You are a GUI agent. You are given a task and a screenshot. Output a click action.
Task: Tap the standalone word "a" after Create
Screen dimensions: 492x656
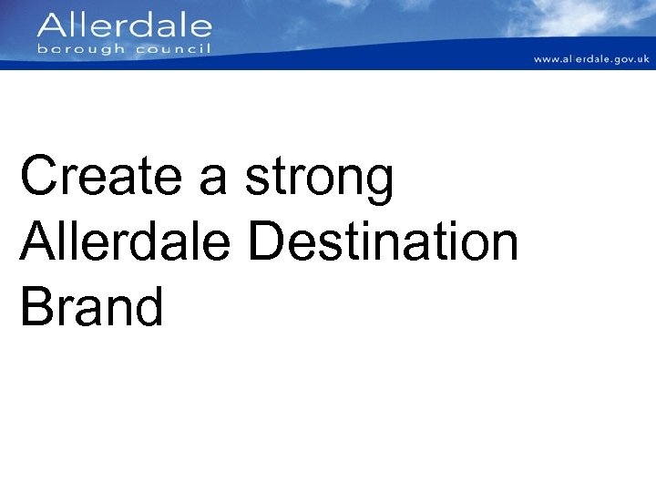tap(212, 178)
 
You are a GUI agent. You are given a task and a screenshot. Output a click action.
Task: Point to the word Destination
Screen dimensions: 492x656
tap(383, 241)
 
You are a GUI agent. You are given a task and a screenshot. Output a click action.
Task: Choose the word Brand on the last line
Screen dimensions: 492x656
tap(91, 306)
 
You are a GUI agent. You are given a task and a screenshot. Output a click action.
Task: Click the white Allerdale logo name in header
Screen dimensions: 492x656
tap(125, 25)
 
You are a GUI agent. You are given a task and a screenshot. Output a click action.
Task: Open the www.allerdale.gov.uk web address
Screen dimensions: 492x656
tap(591, 59)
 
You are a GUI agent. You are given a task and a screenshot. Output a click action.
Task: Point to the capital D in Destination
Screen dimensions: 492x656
tap(267, 241)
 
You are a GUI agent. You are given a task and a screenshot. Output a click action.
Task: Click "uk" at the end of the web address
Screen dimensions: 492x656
tap(643, 59)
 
